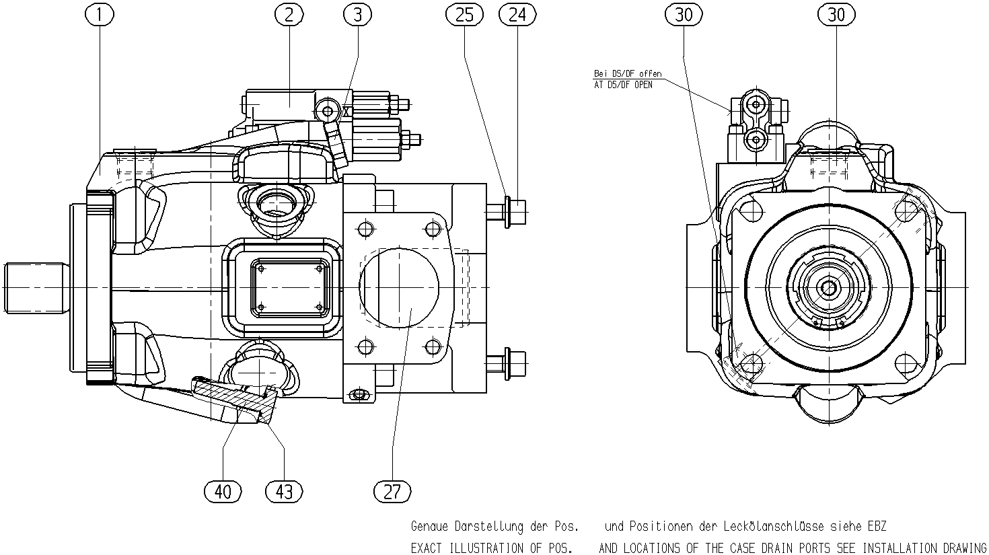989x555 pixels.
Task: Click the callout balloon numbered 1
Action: [x=100, y=15]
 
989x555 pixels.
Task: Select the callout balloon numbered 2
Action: [x=289, y=15]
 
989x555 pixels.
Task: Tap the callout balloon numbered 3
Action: [x=358, y=15]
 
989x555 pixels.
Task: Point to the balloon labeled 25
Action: [x=464, y=15]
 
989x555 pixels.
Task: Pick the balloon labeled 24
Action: [x=517, y=15]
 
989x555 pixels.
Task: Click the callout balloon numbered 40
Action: [x=223, y=491]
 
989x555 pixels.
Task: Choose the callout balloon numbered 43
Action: [x=285, y=491]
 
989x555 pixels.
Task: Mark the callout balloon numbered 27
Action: [x=392, y=491]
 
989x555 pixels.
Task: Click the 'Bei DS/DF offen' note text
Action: [x=628, y=74]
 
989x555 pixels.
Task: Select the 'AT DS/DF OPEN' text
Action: [x=623, y=85]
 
